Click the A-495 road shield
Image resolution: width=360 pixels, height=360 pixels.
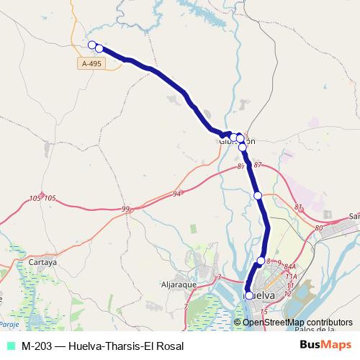[91, 64]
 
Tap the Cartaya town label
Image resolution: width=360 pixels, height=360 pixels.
[43, 263]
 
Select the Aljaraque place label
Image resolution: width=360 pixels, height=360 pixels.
[178, 285]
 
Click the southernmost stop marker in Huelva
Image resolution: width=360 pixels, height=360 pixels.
[249, 295]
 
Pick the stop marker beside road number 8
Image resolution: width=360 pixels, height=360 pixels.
[261, 261]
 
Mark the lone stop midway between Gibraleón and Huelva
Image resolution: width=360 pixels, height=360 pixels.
[257, 195]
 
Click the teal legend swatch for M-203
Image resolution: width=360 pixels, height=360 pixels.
[9, 346]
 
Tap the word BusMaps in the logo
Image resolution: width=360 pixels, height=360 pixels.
[321, 346]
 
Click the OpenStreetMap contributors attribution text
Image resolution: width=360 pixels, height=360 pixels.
[297, 322]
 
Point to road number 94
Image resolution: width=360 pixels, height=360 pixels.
[178, 194]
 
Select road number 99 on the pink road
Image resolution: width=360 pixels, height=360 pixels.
[126, 209]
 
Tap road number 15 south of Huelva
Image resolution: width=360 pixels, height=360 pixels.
[264, 311]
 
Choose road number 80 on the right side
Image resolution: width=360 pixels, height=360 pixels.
[319, 228]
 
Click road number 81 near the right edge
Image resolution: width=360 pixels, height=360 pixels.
[299, 207]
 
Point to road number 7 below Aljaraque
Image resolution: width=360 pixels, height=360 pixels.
[185, 307]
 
